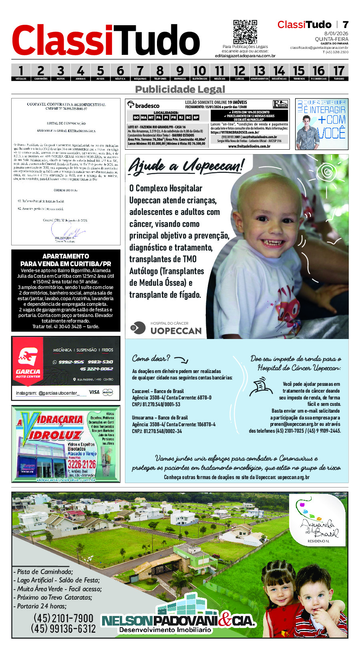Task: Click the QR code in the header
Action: (x=245, y=32)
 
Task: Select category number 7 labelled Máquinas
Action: (x=140, y=72)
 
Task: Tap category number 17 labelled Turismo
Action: (x=338, y=72)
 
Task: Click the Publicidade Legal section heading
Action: (x=180, y=89)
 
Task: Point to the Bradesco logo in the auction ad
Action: (x=143, y=105)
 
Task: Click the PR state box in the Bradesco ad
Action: (x=173, y=118)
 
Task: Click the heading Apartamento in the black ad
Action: (x=66, y=256)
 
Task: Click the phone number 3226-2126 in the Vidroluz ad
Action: (x=82, y=464)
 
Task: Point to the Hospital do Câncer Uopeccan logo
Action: (x=166, y=328)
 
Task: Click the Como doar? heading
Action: (x=151, y=358)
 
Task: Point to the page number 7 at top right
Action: (x=345, y=25)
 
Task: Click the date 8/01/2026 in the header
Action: (x=336, y=34)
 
